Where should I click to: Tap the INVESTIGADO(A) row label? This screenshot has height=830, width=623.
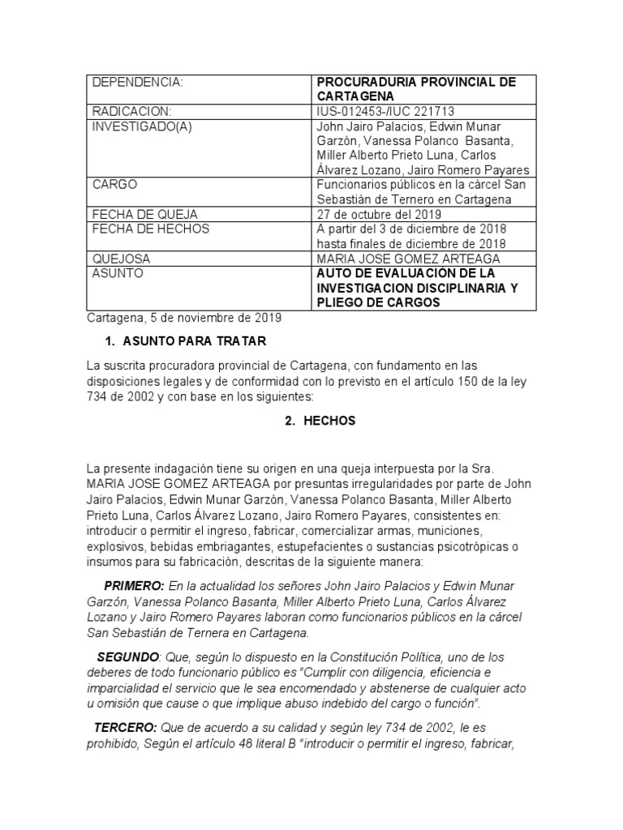click(x=143, y=126)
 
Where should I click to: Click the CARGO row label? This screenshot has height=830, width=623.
click(x=115, y=185)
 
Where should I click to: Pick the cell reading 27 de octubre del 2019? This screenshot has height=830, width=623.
click(x=379, y=214)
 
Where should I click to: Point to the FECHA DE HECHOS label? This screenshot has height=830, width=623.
click(x=151, y=229)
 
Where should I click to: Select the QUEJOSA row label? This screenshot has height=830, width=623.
click(x=122, y=259)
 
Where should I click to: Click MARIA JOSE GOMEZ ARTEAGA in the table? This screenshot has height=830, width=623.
click(x=408, y=259)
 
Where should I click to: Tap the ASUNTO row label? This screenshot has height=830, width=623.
click(x=118, y=273)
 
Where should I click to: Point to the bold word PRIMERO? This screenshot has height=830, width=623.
click(x=135, y=585)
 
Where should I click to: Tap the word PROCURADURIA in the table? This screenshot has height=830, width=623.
click(x=367, y=83)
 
